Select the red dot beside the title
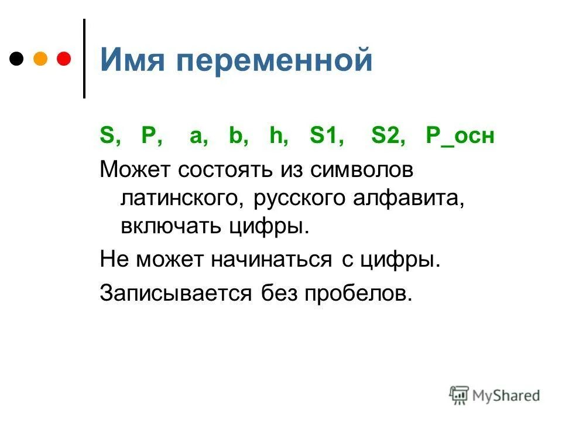(63, 59)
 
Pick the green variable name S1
(326, 137)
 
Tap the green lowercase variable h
(276, 137)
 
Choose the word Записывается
(176, 291)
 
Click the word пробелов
(357, 291)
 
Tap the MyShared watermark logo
(495, 394)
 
